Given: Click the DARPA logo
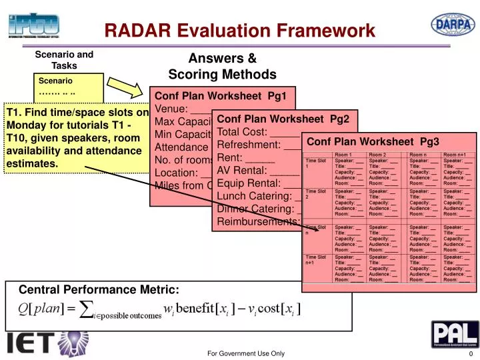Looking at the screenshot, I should click(453, 24).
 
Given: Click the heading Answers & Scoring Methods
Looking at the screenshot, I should click(222, 66).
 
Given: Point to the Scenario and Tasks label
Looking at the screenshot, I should click(64, 60).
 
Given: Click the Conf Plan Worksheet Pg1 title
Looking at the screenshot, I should click(221, 96).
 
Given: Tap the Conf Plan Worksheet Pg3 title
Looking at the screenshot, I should click(373, 141).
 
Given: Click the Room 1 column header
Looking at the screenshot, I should click(346, 155).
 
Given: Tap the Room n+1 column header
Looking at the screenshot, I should click(455, 155).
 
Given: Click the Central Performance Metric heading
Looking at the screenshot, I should click(99, 289).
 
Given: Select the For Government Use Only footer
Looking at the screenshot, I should click(245, 353).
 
